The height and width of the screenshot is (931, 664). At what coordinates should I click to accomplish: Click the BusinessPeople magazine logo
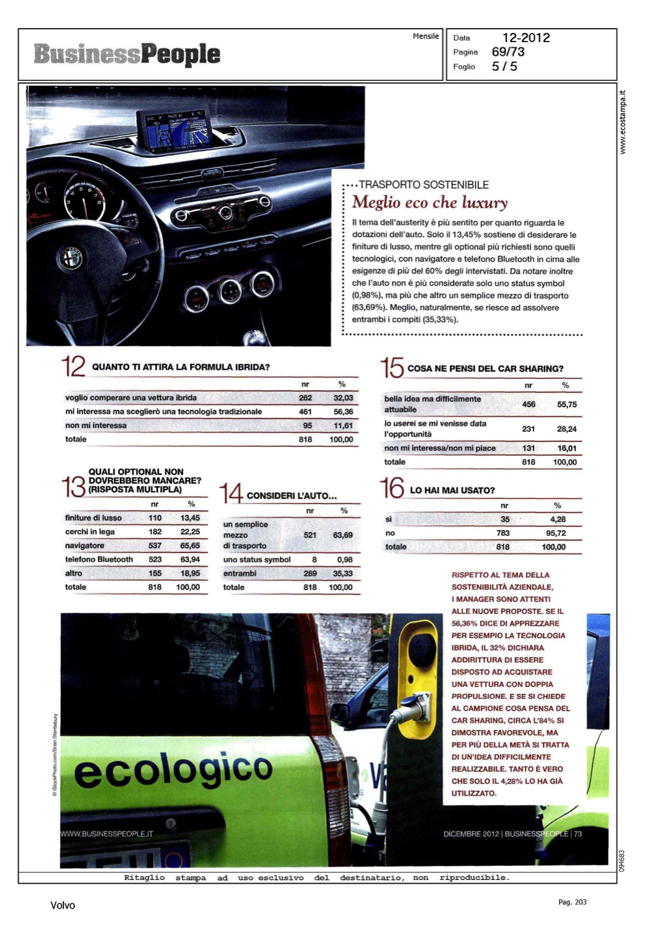point(127,54)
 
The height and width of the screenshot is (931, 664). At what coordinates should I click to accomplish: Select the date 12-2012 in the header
point(525,38)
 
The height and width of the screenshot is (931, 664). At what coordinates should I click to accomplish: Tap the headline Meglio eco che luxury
point(430,202)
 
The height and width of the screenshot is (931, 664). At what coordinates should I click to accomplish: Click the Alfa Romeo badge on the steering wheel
point(70,258)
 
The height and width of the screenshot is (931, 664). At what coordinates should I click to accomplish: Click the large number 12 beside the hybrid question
point(73,366)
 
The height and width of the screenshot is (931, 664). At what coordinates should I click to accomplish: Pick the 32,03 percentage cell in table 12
point(343,398)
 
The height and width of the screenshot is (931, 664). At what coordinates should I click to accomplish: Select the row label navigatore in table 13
point(84,546)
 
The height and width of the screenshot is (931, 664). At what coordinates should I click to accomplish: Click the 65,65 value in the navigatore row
point(189,546)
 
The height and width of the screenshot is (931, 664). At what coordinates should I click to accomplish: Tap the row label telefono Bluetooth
point(99,559)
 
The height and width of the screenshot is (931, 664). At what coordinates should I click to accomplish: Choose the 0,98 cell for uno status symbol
point(345,559)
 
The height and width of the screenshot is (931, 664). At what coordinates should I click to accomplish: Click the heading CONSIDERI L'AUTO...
point(291,496)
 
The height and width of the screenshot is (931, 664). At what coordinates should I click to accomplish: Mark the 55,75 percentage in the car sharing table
point(566,404)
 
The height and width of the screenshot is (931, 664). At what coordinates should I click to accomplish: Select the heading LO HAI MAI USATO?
point(452,490)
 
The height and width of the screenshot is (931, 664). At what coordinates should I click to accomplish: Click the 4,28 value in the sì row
point(557,519)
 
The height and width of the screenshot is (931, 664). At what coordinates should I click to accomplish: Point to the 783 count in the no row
point(503,533)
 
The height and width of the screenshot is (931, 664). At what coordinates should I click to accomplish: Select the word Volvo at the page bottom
point(63,906)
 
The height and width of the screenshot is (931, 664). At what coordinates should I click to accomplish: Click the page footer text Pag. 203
point(572,902)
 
